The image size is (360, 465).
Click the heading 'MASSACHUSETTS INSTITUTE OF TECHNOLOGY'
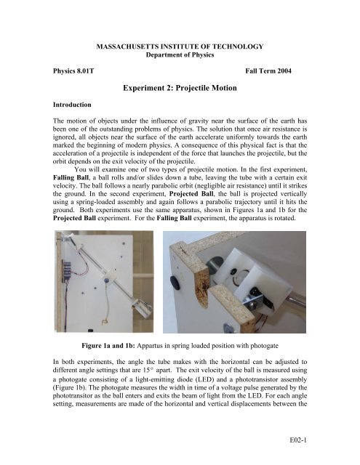click(179, 46)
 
